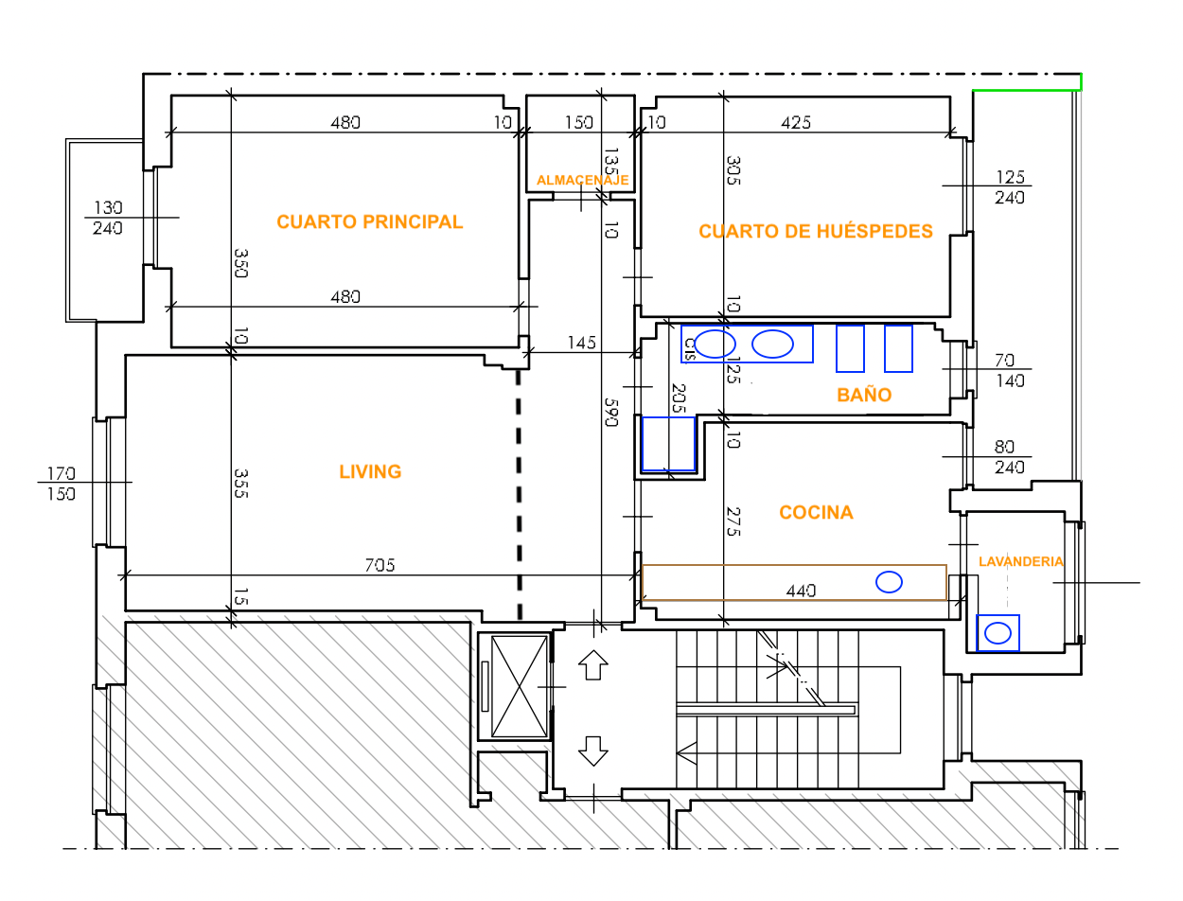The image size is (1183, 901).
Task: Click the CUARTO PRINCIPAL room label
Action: [369, 221]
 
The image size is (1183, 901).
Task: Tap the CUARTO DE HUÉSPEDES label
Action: [815, 231]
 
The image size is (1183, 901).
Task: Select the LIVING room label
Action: [370, 471]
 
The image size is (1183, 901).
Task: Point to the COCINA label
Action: [816, 512]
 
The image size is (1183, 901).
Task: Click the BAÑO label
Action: [864, 394]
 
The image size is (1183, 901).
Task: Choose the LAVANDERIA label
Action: [1021, 561]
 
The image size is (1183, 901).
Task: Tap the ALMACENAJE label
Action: [583, 180]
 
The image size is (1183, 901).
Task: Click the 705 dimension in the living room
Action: [380, 565]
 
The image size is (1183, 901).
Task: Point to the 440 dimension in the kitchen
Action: [801, 592]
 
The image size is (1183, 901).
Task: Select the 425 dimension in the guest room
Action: [796, 123]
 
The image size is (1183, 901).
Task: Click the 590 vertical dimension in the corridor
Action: [610, 413]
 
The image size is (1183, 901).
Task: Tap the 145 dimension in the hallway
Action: [581, 343]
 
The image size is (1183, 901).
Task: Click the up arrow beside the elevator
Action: [592, 665]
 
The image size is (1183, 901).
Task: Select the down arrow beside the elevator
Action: [592, 751]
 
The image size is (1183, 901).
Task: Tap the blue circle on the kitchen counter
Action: [889, 582]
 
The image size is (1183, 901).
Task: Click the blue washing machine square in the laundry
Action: [998, 633]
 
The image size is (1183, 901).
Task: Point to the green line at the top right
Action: [1026, 90]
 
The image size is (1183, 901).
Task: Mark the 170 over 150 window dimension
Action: [61, 484]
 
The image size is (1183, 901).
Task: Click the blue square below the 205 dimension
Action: [668, 444]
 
